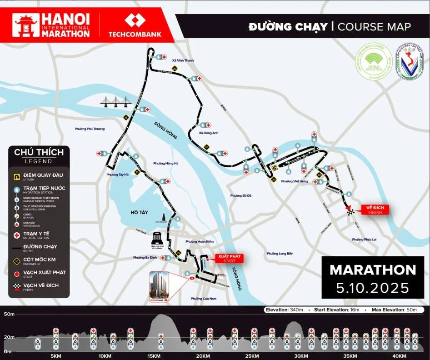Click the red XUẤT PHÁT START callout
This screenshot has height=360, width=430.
click(x=230, y=258)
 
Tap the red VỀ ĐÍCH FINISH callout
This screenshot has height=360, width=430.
click(x=375, y=210)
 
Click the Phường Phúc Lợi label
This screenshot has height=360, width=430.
click(x=365, y=239)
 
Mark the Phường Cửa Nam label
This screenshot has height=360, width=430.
click(x=203, y=298)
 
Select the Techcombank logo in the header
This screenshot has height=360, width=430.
click(x=135, y=26)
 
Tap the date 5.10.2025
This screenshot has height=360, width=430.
click(x=373, y=288)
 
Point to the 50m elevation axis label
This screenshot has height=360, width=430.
click(x=9, y=314)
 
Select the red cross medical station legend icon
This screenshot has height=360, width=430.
click(x=17, y=235)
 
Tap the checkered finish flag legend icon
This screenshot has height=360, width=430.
click(x=17, y=286)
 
